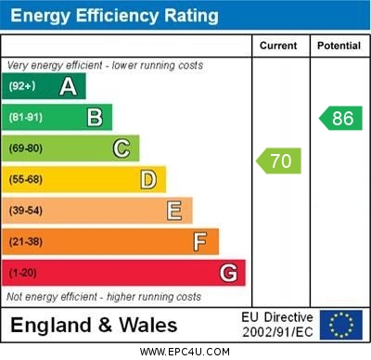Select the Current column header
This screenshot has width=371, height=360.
(278, 45)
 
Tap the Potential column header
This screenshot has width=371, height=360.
(339, 45)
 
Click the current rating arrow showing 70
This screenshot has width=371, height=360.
(279, 161)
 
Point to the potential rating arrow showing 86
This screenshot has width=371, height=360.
(340, 118)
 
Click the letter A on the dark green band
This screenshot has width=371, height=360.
(68, 86)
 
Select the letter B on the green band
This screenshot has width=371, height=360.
(95, 117)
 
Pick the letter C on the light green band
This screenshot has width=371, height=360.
(122, 148)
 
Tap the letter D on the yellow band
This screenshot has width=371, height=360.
(148, 179)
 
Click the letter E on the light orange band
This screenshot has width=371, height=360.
(174, 211)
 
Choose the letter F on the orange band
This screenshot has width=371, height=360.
(200, 242)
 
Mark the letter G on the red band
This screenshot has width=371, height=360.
(228, 273)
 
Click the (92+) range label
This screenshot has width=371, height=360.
(21, 86)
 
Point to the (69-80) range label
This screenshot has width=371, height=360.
(26, 148)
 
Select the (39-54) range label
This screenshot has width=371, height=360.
(26, 211)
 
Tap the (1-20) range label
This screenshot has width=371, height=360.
(23, 274)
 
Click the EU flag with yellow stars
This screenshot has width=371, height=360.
(341, 325)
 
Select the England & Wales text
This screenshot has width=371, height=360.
(94, 325)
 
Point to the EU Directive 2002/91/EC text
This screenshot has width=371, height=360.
(277, 325)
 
